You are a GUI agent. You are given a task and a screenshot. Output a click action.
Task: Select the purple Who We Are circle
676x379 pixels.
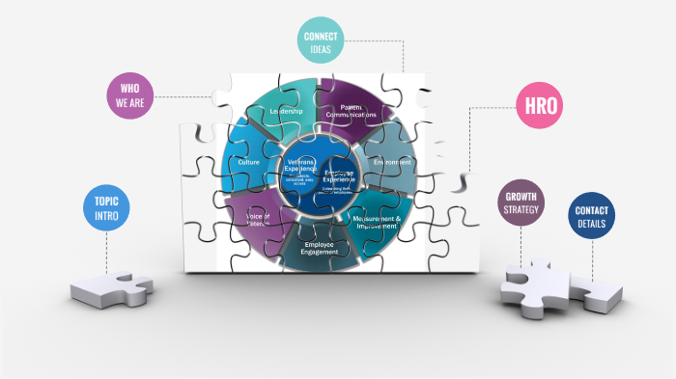pyautogui.click(x=130, y=95)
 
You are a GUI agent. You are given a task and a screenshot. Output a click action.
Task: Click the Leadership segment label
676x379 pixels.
pyautogui.click(x=286, y=112)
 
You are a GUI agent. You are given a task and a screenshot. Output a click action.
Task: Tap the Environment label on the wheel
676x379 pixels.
pyautogui.click(x=392, y=162)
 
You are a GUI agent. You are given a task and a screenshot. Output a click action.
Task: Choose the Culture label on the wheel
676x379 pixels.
pyautogui.click(x=248, y=163)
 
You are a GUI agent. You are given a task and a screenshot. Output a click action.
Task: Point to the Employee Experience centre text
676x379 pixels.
pyautogui.click(x=339, y=175)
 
